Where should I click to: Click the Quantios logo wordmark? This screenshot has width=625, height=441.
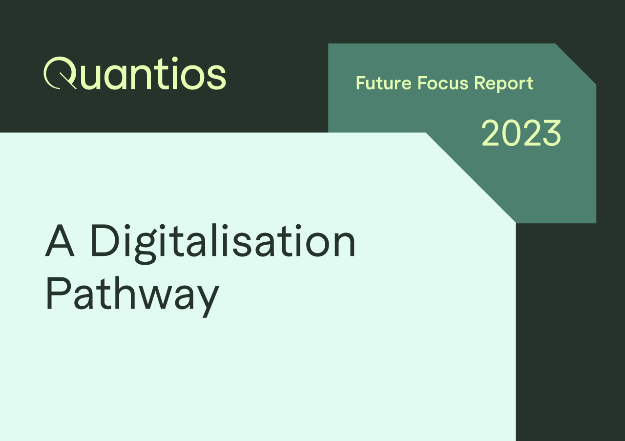(x=135, y=73)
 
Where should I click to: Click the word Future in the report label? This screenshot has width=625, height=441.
(x=384, y=83)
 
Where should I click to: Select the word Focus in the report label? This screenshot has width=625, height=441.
(x=443, y=83)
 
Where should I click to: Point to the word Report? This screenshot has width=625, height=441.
(x=504, y=84)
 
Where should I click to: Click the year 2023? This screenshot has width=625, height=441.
(x=521, y=133)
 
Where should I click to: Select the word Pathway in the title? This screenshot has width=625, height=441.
(x=133, y=296)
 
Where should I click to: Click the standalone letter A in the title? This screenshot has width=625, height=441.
(x=60, y=240)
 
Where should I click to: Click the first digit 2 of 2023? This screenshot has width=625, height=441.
(x=491, y=133)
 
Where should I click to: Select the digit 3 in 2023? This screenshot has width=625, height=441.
(x=552, y=133)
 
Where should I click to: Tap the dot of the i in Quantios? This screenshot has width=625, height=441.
(x=167, y=60)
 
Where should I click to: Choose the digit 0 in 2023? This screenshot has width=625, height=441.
(x=512, y=133)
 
